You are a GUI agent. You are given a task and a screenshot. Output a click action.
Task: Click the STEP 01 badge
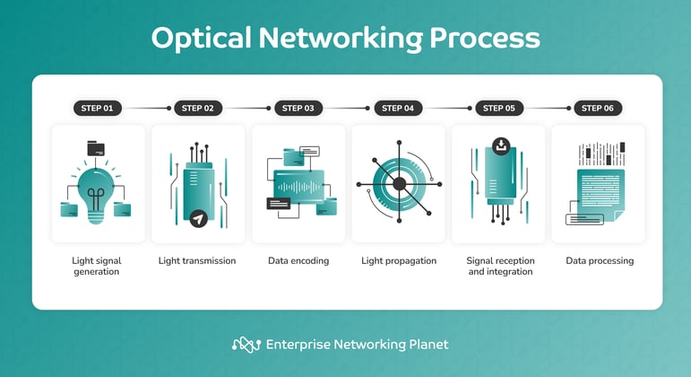point(97,109)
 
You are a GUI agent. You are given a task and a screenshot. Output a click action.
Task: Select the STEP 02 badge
point(197,109)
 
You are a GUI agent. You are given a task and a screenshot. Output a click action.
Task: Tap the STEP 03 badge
point(298,109)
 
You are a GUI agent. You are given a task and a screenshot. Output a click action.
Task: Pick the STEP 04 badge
point(398,109)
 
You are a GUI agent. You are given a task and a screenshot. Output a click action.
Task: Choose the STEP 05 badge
point(498,109)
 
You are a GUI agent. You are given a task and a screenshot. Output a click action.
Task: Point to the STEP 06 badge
point(598,109)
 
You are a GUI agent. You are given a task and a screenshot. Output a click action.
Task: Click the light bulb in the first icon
point(96,191)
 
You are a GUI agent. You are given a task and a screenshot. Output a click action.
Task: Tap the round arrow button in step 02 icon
point(198,217)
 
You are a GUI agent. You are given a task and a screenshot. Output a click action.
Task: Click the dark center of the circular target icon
point(399,184)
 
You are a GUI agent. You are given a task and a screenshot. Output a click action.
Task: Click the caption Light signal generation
point(96,266)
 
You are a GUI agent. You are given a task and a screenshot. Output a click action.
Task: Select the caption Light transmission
point(197,261)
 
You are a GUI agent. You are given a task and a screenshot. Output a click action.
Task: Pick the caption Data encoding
point(298,261)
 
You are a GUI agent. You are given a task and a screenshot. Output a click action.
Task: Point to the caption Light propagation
point(399,261)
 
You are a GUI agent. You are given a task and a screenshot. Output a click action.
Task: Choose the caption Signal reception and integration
point(499,266)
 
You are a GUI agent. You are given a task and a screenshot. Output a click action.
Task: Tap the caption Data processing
point(600,261)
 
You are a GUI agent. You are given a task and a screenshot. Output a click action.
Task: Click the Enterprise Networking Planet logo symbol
point(246,345)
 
